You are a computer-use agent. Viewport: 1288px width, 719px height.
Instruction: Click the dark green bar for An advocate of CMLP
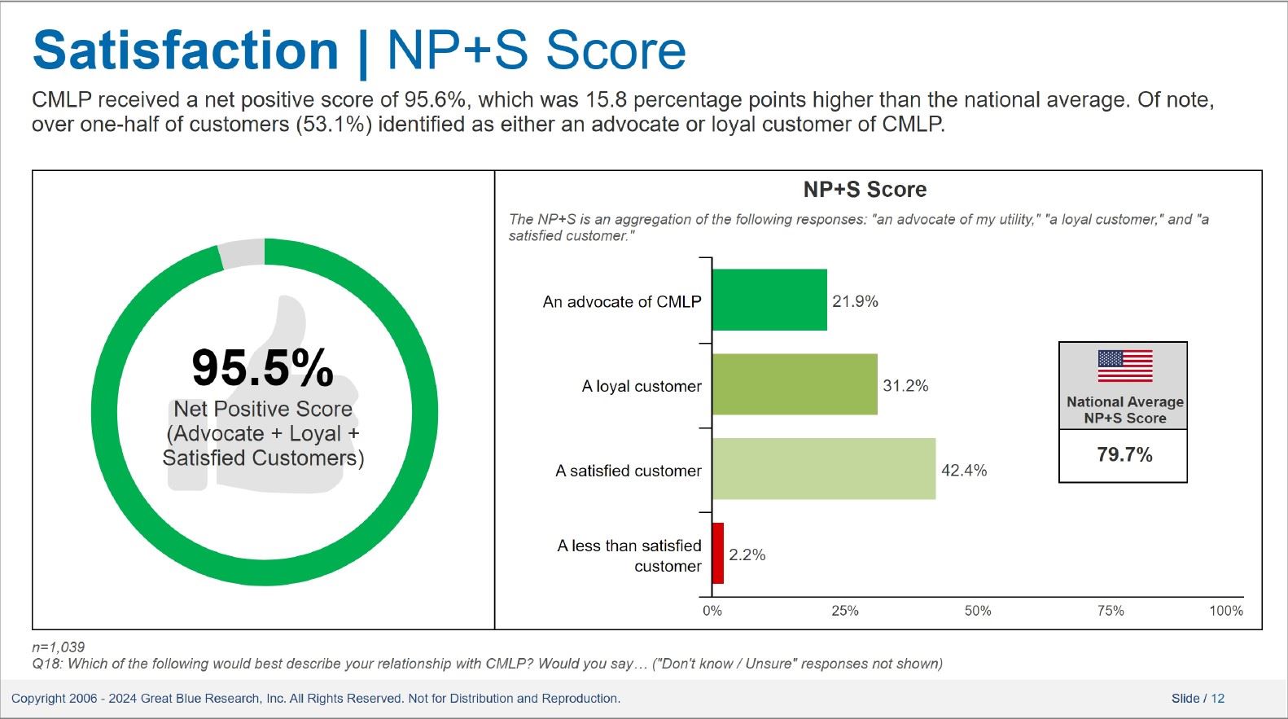pyautogui.click(x=770, y=300)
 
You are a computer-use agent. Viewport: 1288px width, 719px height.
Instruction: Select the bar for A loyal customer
pyautogui.click(x=795, y=384)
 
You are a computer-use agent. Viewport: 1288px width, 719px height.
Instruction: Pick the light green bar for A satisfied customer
pyautogui.click(x=824, y=469)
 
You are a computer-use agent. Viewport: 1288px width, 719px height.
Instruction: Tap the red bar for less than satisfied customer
pyautogui.click(x=718, y=554)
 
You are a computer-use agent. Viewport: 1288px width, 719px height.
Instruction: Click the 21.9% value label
pyautogui.click(x=855, y=301)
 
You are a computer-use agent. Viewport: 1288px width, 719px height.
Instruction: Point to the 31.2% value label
pyautogui.click(x=905, y=386)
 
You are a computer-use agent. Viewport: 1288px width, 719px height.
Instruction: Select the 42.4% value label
pyautogui.click(x=964, y=471)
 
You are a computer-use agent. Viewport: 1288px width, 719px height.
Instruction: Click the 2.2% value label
pyautogui.click(x=747, y=555)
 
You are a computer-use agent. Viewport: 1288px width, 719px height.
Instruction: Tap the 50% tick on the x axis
pyautogui.click(x=978, y=611)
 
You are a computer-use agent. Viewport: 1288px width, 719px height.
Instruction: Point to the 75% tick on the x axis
pyautogui.click(x=1111, y=611)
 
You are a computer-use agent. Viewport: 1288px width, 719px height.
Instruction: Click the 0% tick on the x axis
pyautogui.click(x=712, y=611)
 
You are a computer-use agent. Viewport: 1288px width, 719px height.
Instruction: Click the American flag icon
pyautogui.click(x=1125, y=366)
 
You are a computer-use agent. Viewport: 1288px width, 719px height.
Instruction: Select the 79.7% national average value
pyautogui.click(x=1124, y=455)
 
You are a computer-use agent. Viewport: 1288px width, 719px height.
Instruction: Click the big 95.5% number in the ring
pyautogui.click(x=262, y=368)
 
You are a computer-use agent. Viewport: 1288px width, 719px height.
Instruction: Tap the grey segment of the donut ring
pyautogui.click(x=242, y=254)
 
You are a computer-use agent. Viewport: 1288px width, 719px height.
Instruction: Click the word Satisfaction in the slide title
pyautogui.click(x=186, y=50)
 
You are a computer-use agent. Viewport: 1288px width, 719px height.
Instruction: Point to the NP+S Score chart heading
pyautogui.click(x=865, y=189)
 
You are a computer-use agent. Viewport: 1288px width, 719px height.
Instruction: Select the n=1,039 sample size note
pyautogui.click(x=58, y=647)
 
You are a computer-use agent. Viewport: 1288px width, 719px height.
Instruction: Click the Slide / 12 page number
pyautogui.click(x=1198, y=699)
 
